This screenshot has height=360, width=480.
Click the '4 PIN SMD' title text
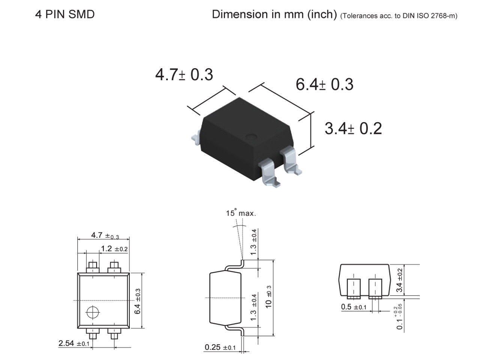(64, 15)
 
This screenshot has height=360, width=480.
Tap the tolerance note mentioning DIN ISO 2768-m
(399, 16)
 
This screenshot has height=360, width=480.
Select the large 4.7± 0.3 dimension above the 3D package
(184, 74)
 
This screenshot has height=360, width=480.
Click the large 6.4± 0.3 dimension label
(324, 84)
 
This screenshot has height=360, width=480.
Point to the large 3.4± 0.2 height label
(353, 128)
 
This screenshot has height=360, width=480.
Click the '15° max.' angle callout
(241, 213)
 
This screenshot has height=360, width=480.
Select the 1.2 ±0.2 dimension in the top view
(114, 249)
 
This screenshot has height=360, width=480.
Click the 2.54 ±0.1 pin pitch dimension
(74, 343)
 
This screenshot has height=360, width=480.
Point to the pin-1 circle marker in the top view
(92, 312)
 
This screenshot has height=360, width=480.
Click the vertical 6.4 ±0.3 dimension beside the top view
(138, 301)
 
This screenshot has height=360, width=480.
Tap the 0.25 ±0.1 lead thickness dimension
(220, 347)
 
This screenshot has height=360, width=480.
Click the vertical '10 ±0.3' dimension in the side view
(268, 297)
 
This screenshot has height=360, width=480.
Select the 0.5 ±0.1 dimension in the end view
(354, 307)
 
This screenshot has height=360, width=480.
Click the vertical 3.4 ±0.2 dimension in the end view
(400, 280)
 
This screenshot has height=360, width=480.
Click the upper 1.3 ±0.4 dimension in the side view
(254, 242)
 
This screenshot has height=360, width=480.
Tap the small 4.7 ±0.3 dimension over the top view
(105, 235)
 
